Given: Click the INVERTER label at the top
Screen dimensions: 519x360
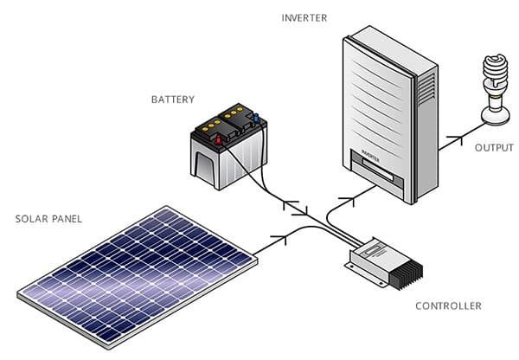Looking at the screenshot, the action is tap(304, 18).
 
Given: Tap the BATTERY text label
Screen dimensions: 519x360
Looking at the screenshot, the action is tap(173, 100).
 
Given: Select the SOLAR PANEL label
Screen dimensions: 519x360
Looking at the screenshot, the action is tap(48, 219).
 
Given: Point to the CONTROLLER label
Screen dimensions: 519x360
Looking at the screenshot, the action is tap(448, 305).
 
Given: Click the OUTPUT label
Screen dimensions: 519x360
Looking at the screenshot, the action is tap(494, 148).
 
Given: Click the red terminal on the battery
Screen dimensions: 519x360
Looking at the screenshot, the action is tap(219, 140).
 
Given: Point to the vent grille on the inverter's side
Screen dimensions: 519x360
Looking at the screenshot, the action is tap(426, 88).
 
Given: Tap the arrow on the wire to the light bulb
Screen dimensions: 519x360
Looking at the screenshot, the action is tap(455, 138).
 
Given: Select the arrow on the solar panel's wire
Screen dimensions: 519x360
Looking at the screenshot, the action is tap(280, 239).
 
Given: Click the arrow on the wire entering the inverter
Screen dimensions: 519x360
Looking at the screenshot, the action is tap(348, 201).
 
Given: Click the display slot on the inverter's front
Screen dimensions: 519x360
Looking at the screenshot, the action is tap(378, 170).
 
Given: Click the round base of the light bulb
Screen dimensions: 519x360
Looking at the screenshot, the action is tap(495, 115).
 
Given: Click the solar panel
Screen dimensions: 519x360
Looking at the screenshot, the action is tap(138, 278).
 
